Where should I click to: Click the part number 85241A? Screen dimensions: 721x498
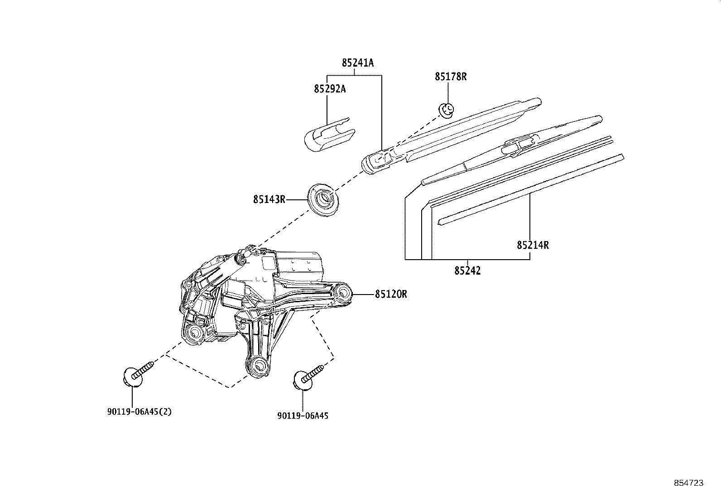pyautogui.click(x=358, y=63)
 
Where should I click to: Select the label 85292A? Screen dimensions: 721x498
pyautogui.click(x=330, y=88)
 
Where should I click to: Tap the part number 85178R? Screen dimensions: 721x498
pyautogui.click(x=451, y=77)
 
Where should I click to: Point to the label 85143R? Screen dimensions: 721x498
pyautogui.click(x=269, y=200)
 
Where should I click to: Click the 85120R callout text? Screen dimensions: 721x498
pyautogui.click(x=391, y=294)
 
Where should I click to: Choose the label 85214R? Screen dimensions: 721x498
pyautogui.click(x=533, y=245)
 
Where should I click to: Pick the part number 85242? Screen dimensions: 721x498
pyautogui.click(x=467, y=271)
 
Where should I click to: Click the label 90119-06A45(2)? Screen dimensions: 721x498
pyautogui.click(x=139, y=411)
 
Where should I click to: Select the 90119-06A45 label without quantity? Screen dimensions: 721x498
pyautogui.click(x=303, y=416)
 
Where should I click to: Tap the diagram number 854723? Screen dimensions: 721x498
pyautogui.click(x=689, y=483)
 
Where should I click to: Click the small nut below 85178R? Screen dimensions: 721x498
pyautogui.click(x=447, y=110)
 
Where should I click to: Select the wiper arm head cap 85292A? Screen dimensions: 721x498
pyautogui.click(x=329, y=135)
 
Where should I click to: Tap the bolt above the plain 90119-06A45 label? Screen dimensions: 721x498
pyautogui.click(x=308, y=377)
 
